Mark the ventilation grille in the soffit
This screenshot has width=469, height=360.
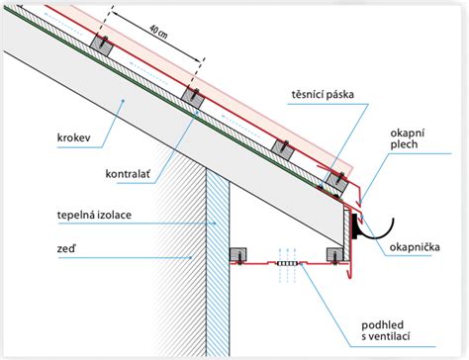289,265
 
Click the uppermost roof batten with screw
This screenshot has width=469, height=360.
101,45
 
